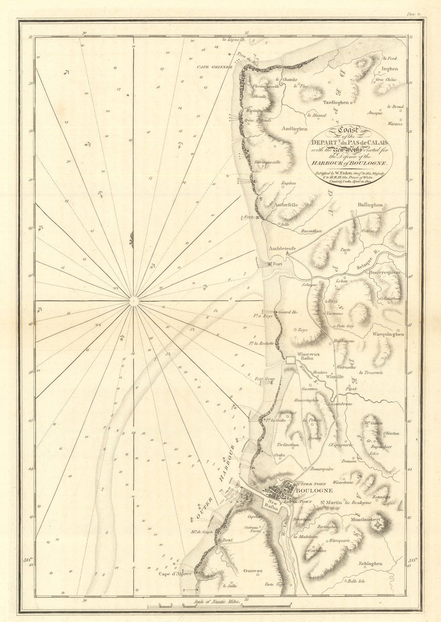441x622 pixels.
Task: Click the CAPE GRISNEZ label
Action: (x=214, y=68)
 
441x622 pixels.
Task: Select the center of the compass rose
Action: (x=133, y=301)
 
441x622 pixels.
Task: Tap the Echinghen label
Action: (x=370, y=563)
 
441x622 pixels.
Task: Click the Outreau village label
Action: (x=253, y=571)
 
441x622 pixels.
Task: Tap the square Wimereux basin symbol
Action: (x=290, y=361)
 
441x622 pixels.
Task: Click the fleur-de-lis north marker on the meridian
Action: (x=133, y=238)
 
